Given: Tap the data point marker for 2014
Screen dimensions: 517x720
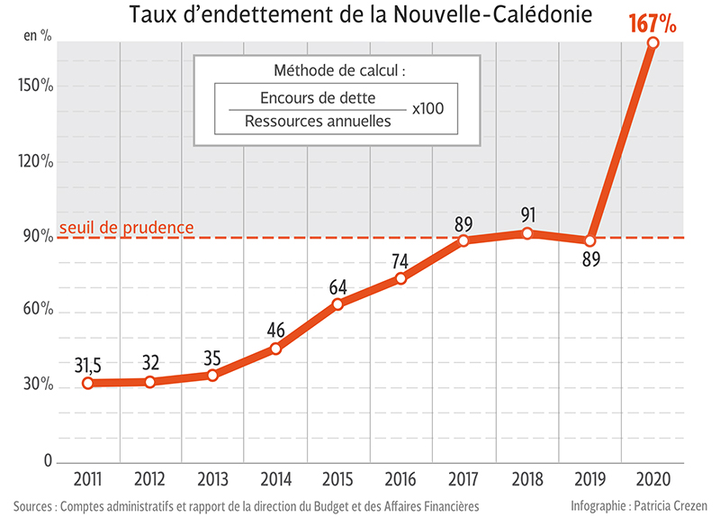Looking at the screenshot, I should [275, 349].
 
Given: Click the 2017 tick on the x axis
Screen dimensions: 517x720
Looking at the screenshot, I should [463, 476].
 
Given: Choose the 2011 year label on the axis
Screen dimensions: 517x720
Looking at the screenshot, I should [87, 476].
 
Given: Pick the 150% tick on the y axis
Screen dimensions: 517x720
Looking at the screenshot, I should [36, 86].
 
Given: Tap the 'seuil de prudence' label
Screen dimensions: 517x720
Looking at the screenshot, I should [126, 227].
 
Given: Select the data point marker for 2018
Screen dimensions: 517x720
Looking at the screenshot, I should [527, 233].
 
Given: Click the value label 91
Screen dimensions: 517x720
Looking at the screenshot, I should [529, 214].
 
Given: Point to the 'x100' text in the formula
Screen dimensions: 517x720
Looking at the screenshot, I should [428, 109].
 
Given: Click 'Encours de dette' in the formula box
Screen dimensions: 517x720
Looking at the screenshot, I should [317, 97].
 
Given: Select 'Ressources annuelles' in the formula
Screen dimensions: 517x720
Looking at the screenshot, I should [318, 120].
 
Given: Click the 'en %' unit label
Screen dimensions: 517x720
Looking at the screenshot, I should [36, 36].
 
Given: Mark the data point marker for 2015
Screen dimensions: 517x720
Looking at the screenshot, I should [338, 304].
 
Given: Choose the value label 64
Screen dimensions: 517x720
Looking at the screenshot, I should [338, 287].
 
